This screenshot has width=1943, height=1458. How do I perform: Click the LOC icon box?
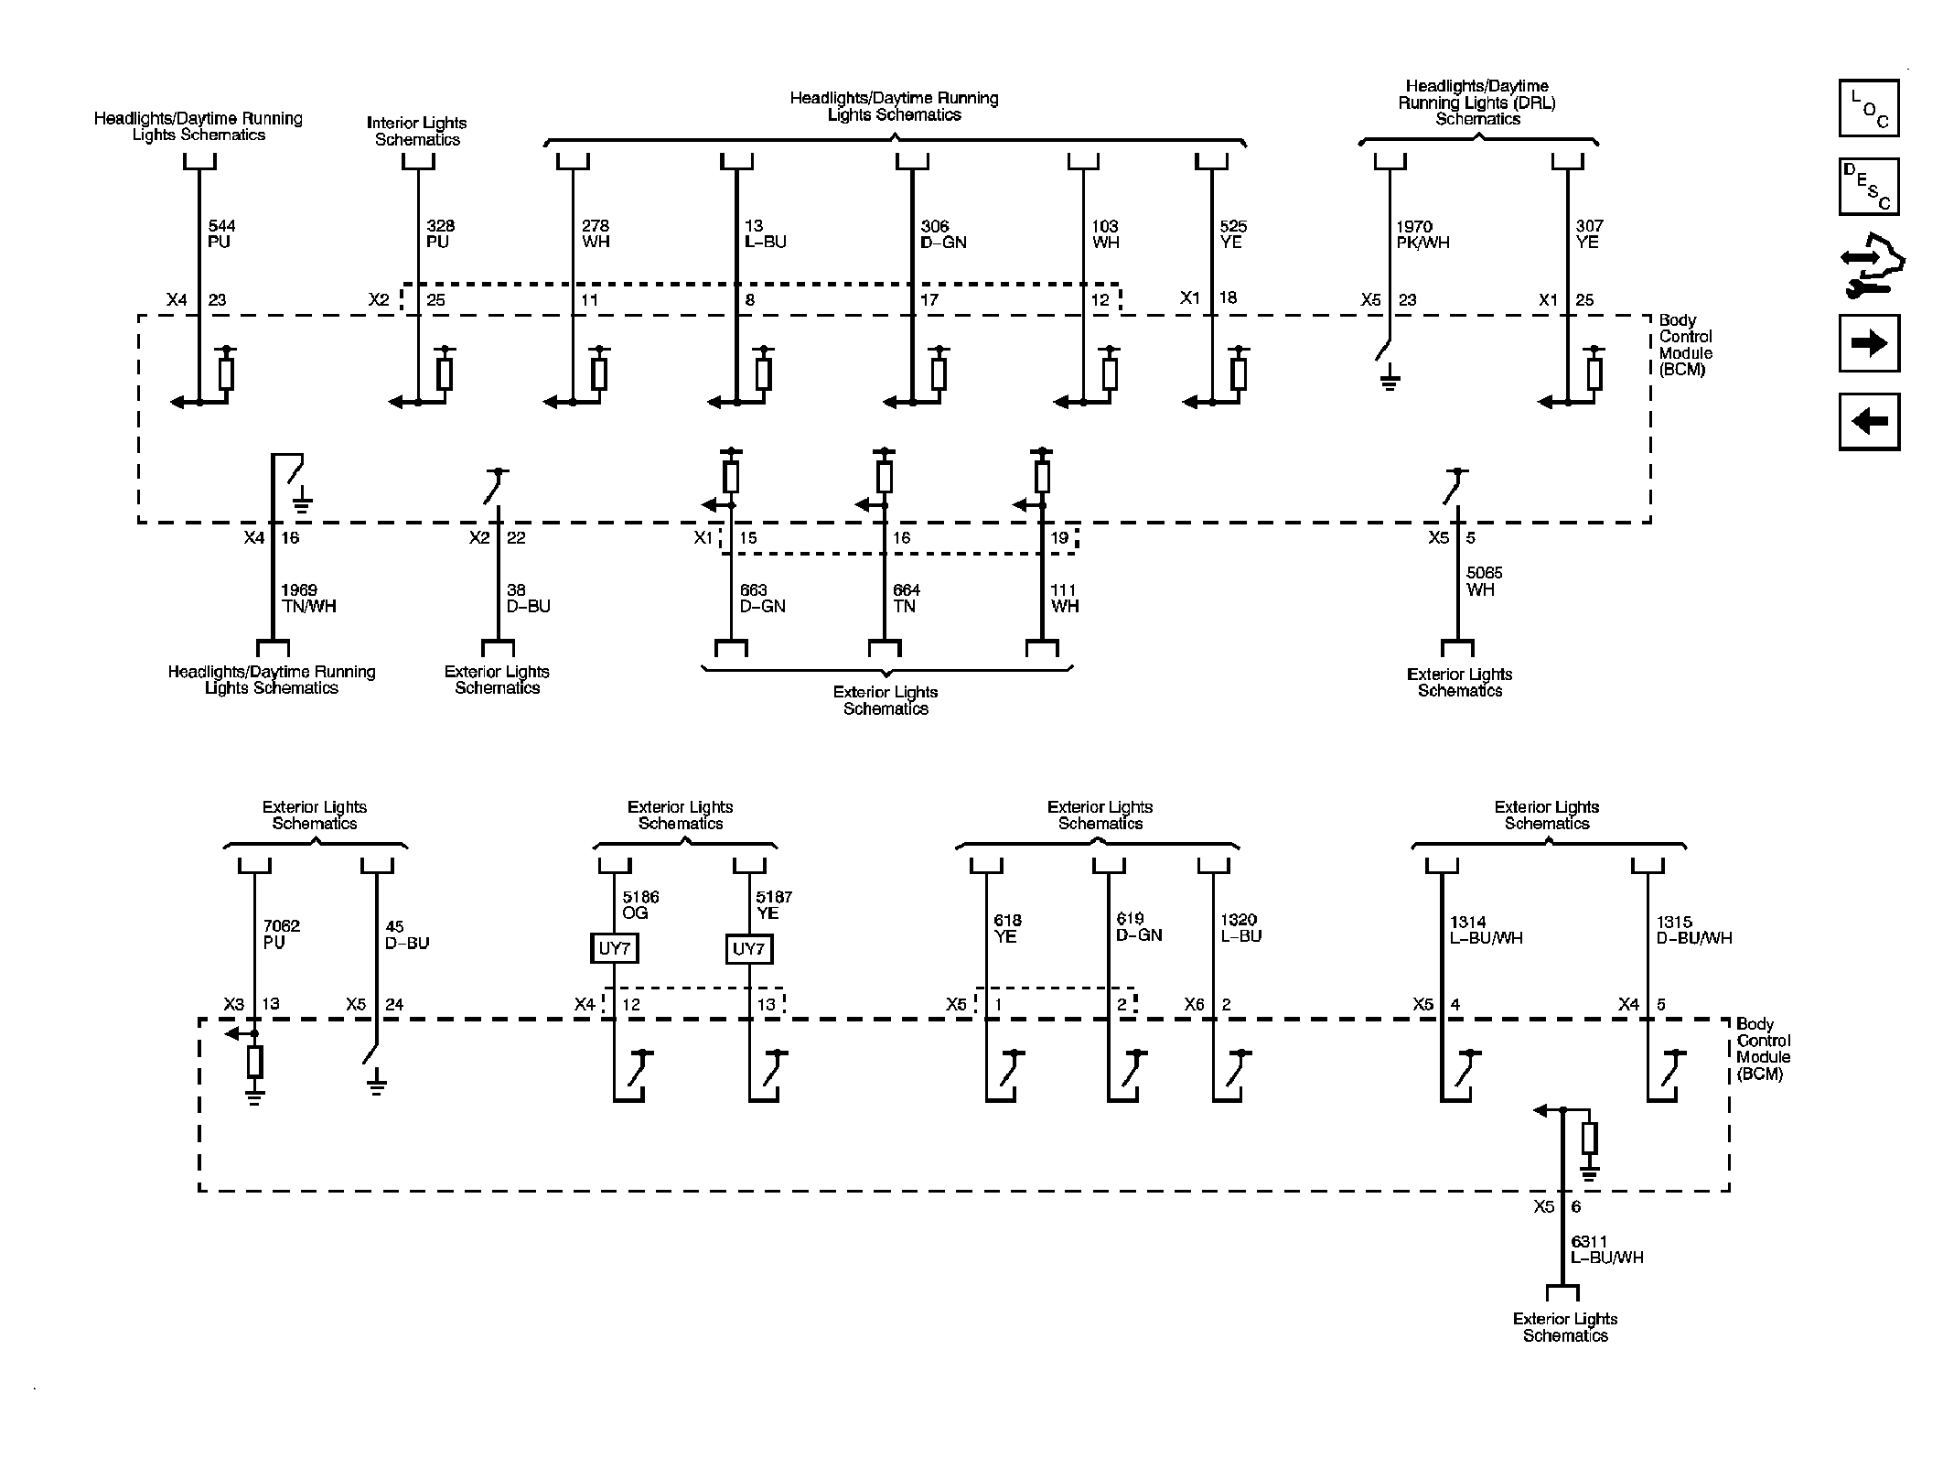point(1869,108)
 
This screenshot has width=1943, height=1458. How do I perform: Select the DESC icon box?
point(1869,187)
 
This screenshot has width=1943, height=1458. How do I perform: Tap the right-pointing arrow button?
point(1869,343)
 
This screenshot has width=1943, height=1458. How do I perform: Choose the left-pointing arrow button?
point(1869,421)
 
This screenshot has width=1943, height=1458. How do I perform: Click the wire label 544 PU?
point(222,234)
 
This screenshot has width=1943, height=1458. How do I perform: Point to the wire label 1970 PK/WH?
point(1422,234)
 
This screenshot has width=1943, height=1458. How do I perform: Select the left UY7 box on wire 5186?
point(615,948)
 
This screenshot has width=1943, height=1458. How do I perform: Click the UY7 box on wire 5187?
point(749,948)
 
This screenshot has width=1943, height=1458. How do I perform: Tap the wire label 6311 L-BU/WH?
point(1607,1249)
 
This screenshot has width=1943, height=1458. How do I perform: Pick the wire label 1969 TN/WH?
point(308,599)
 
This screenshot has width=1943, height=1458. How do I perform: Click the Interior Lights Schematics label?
point(417,131)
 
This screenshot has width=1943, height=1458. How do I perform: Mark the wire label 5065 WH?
point(1485,581)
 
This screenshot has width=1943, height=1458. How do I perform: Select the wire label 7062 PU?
point(281,934)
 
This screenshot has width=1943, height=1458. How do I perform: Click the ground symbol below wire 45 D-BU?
point(376,1085)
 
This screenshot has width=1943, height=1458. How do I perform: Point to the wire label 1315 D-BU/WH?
point(1694,930)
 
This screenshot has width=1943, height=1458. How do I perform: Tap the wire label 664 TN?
point(907,599)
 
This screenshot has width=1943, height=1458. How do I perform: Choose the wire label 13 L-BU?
point(766,234)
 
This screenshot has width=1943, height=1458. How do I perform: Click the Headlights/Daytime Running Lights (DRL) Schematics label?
point(1477,103)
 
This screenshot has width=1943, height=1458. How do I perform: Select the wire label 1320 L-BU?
point(1241,928)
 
